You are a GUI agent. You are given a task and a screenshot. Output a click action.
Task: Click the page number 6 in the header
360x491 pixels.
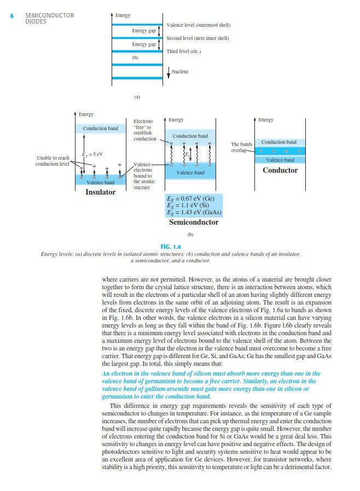pos(12,15)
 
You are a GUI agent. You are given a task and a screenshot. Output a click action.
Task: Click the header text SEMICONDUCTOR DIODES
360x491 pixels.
pos(49,19)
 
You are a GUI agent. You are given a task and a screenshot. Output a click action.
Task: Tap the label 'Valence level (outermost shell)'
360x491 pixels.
pos(198,25)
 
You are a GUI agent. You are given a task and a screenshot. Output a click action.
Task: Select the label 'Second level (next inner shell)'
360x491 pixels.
pos(198,38)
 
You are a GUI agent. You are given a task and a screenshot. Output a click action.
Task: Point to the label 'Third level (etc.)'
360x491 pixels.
pos(184,51)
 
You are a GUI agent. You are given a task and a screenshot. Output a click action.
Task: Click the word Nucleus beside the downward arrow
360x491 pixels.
pos(180,72)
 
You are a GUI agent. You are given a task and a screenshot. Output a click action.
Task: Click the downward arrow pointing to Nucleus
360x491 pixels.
pos(169,73)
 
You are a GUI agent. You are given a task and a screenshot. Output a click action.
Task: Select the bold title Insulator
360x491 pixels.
pos(101,192)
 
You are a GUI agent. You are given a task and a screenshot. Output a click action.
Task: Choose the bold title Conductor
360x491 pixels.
pos(280,170)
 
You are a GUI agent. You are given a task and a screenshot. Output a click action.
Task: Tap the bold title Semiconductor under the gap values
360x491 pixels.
pos(194,223)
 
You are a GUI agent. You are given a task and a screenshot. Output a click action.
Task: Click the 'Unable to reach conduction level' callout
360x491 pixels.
pos(53,161)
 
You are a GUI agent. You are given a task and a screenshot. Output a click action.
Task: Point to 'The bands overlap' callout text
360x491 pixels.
pos(241,147)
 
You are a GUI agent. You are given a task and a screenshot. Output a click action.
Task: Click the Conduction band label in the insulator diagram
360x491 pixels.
pos(100,128)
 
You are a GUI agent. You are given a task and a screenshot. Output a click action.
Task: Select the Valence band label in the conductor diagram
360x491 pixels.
pos(280,160)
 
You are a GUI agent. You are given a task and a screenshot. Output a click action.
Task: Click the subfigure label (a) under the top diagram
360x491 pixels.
pos(137,97)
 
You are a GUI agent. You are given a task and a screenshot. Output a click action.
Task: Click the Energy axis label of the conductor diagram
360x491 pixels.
pos(266,120)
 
